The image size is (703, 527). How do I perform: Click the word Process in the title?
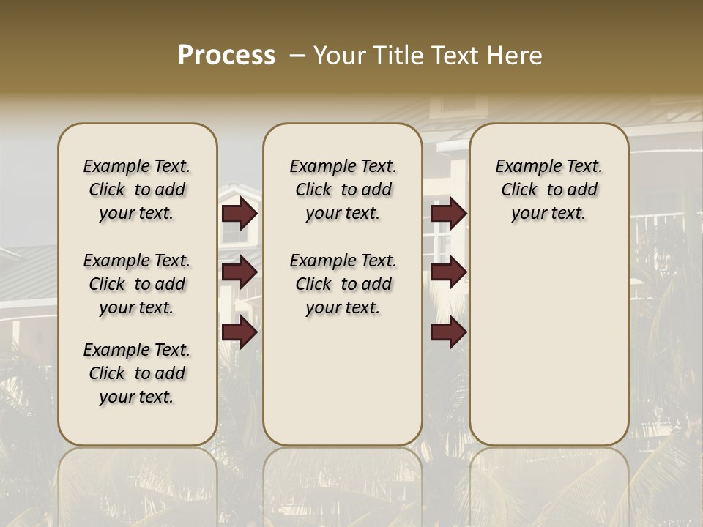[226, 56]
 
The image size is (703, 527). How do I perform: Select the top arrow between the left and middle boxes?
[239, 214]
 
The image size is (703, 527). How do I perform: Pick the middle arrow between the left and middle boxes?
[239, 272]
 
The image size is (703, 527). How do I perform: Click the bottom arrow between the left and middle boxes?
[239, 333]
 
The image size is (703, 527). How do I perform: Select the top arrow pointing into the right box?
[448, 214]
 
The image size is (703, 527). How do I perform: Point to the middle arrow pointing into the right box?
[448, 272]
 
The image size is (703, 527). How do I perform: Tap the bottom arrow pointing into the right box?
[448, 333]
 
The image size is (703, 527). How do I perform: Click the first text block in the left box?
[137, 190]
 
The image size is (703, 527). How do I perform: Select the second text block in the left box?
[137, 284]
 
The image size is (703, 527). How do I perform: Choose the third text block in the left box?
[137, 373]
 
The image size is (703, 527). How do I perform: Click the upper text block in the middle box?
[343, 190]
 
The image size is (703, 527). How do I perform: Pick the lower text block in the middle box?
[343, 284]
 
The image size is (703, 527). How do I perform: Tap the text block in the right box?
[549, 190]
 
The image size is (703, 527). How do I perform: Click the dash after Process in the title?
[297, 56]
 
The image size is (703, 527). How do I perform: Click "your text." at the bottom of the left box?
[137, 397]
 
